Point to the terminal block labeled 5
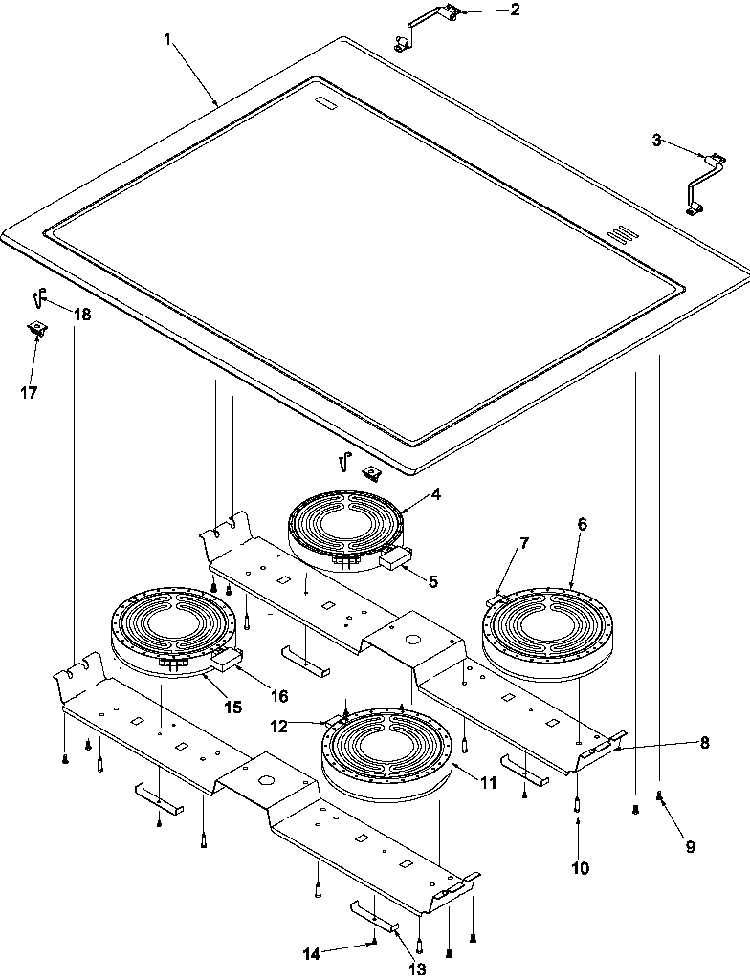click(x=394, y=560)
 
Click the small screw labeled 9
click(x=659, y=796)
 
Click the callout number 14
click(x=313, y=952)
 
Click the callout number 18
click(x=82, y=315)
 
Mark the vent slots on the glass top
click(x=621, y=235)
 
